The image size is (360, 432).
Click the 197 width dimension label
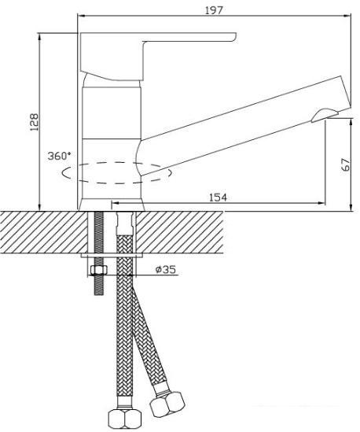[214, 10]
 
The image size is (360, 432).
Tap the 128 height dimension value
[35, 122]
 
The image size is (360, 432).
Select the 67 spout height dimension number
[345, 164]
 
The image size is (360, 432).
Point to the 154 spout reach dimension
[219, 198]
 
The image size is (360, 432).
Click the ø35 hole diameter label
[165, 269]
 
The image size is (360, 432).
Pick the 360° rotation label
[59, 156]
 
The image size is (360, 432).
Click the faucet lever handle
[157, 57]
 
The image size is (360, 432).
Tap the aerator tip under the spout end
[325, 115]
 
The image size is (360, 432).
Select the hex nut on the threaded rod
[98, 270]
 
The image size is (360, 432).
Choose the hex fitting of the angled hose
[167, 403]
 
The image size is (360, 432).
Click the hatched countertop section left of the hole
[43, 232]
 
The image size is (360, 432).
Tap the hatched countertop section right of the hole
[180, 232]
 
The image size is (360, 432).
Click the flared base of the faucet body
[112, 205]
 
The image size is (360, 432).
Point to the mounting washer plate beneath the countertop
[112, 256]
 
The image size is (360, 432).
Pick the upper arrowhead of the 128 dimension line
[40, 36]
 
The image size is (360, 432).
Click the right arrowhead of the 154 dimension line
[321, 203]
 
